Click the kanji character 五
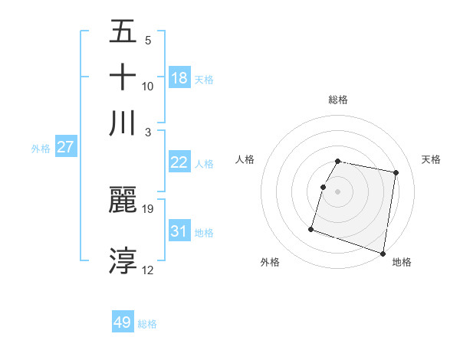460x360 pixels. [123, 32]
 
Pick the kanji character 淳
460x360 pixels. [123, 260]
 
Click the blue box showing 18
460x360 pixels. [179, 78]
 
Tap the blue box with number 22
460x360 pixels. [179, 162]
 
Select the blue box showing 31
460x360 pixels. [179, 231]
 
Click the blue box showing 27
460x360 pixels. [65, 147]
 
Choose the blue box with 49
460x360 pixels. [123, 322]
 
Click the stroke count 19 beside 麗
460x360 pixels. [148, 208]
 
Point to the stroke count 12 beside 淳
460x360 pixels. [148, 270]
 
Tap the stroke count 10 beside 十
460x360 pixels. [148, 86]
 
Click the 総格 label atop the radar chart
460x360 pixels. [338, 100]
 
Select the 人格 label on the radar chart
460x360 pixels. [245, 159]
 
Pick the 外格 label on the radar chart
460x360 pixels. [270, 262]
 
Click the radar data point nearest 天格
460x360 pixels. [396, 173]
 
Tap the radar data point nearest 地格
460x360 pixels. [383, 253]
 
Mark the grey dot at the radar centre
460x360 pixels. [338, 191]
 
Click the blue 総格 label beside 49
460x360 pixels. [147, 324]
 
